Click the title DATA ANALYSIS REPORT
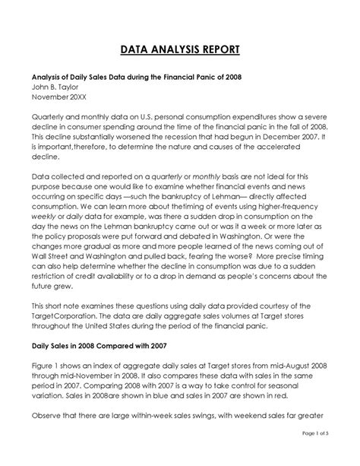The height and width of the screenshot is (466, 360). (180, 50)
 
